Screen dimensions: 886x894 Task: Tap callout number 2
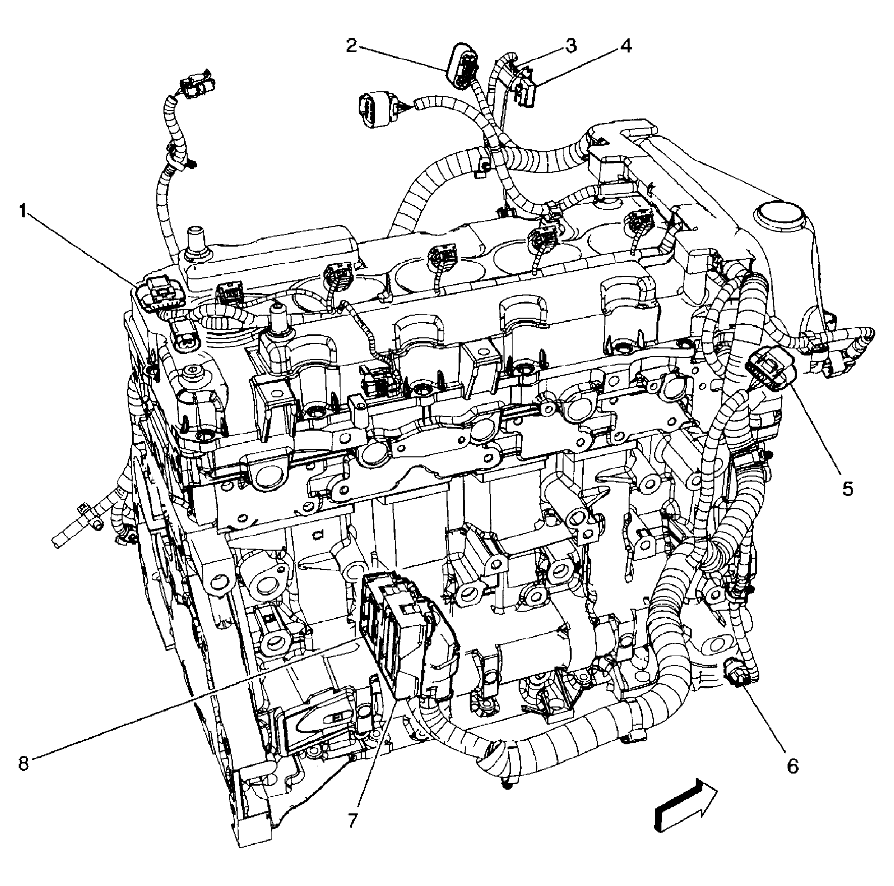[x=352, y=45]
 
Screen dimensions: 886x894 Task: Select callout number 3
[x=570, y=45]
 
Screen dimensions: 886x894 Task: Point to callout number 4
[x=625, y=45]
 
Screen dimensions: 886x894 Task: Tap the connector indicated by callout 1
[x=159, y=294]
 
